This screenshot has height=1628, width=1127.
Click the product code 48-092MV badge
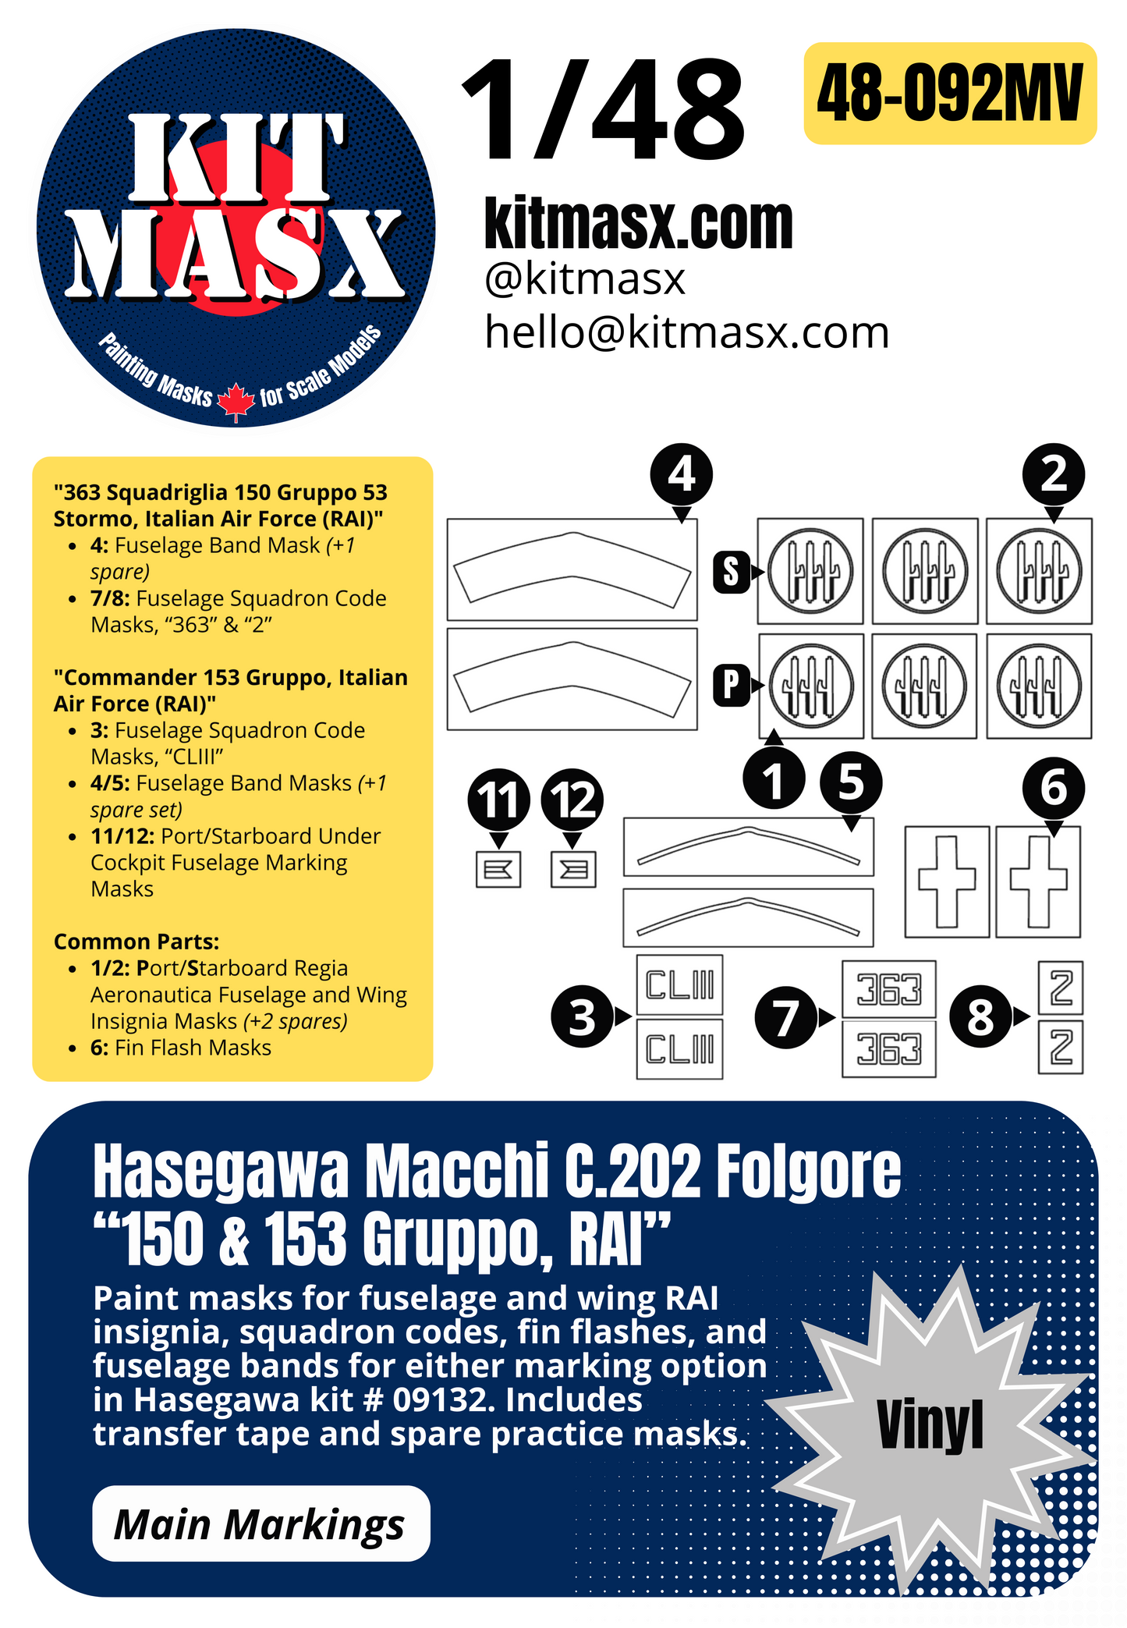[949, 94]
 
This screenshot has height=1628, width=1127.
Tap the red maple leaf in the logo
[236, 402]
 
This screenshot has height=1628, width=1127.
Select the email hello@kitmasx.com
[686, 333]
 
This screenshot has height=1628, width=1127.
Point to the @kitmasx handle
[584, 279]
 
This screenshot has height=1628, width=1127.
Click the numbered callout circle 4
[681, 474]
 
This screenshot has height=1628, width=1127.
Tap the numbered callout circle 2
[1053, 474]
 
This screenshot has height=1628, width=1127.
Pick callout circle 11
[498, 800]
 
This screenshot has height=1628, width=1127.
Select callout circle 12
[572, 800]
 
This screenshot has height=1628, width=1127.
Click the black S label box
[731, 572]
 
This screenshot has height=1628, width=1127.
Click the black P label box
[731, 685]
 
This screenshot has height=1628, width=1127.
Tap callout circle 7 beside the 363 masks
[785, 1016]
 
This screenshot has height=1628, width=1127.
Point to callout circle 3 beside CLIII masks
[582, 1016]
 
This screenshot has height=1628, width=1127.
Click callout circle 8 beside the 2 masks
[980, 1016]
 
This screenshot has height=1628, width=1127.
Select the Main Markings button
[260, 1523]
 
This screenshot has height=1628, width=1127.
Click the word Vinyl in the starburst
[930, 1425]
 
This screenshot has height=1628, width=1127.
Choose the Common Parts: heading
[136, 942]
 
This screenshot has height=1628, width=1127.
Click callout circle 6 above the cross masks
[1053, 787]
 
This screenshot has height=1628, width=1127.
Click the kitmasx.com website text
[638, 224]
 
